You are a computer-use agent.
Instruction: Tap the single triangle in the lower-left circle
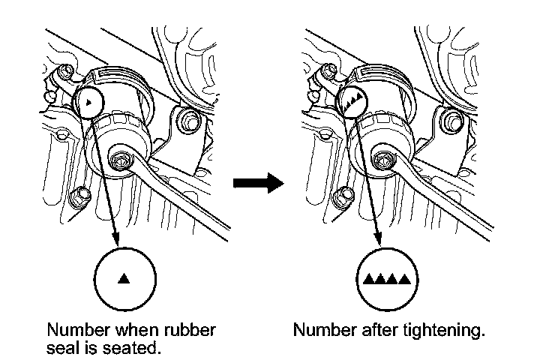point(124,279)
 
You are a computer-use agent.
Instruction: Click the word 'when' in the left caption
point(132,330)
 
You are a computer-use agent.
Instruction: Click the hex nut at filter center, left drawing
point(119,160)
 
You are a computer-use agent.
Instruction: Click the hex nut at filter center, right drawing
point(381,160)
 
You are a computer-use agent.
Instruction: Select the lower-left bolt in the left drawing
point(78,197)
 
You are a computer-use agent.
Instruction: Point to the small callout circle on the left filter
point(89,100)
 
